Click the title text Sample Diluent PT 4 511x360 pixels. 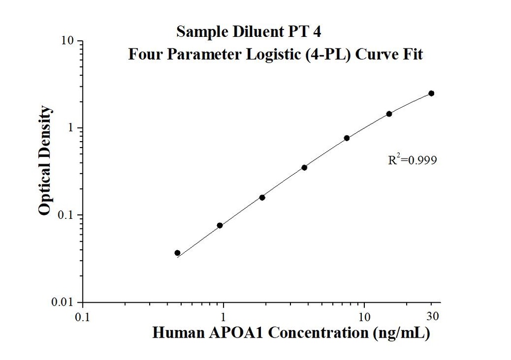click(x=249, y=32)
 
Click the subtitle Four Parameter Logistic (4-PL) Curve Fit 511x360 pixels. click(x=275, y=54)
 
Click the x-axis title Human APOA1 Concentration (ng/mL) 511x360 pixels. click(x=291, y=333)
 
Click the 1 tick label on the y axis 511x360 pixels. click(x=71, y=128)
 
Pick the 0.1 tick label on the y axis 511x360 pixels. click(x=67, y=215)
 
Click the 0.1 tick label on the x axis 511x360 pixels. click(x=83, y=317)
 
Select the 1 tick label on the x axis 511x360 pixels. click(x=224, y=317)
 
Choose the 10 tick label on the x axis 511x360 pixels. click(x=364, y=317)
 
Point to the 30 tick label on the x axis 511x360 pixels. click(x=433, y=316)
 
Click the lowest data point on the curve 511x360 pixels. click(x=177, y=253)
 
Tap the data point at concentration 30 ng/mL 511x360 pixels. click(x=431, y=93)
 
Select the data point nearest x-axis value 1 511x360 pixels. click(x=220, y=225)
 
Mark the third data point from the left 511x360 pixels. click(x=262, y=197)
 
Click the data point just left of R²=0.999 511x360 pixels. click(x=346, y=138)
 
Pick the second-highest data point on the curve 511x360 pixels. click(x=389, y=114)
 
